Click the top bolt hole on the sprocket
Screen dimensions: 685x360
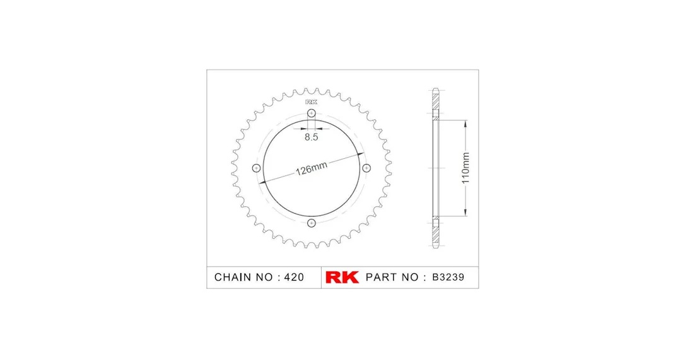311,113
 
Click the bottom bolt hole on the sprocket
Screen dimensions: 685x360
311,223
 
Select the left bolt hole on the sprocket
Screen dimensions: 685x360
257,168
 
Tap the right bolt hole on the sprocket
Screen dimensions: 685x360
366,168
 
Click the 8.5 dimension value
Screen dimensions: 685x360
311,137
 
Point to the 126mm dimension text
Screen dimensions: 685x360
312,168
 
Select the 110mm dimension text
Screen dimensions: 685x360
465,168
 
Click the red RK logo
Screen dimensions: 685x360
342,277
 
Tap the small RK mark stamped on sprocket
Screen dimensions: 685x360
311,102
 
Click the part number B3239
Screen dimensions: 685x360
448,277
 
